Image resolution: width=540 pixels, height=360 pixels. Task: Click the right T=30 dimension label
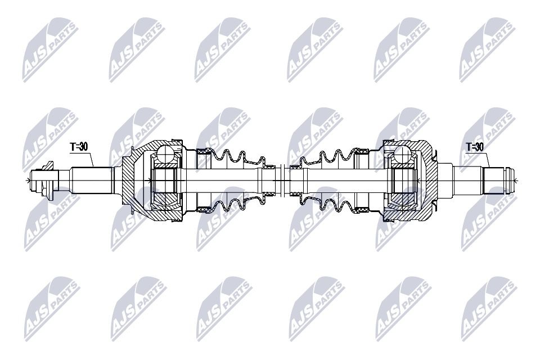pyautogui.click(x=475, y=147)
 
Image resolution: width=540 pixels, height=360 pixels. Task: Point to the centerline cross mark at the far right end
pyautogui.click(x=514, y=180)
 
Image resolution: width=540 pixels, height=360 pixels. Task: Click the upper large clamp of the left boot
pyautogui.click(x=202, y=151)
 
